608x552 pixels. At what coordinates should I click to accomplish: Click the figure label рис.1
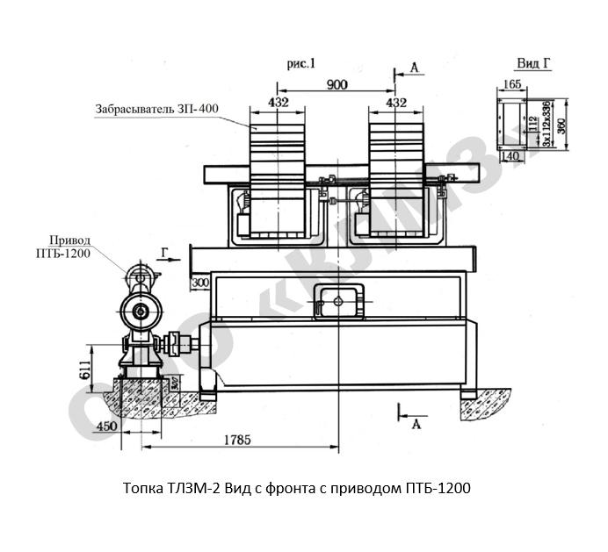click(300, 62)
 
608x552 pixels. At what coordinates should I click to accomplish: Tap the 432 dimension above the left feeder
click(278, 104)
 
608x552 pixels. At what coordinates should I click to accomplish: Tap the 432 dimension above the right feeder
click(396, 104)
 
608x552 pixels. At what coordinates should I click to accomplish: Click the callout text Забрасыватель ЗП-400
click(157, 110)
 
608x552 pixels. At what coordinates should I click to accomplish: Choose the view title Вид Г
click(532, 63)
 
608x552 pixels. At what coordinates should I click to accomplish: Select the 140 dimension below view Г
click(510, 155)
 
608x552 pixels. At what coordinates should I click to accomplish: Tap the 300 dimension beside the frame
click(199, 283)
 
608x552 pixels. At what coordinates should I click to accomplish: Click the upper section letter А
click(414, 67)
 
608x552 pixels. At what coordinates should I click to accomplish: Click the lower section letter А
click(414, 425)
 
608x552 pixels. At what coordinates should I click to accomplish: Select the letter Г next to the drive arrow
click(164, 251)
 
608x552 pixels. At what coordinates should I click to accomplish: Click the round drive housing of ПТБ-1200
click(139, 310)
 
